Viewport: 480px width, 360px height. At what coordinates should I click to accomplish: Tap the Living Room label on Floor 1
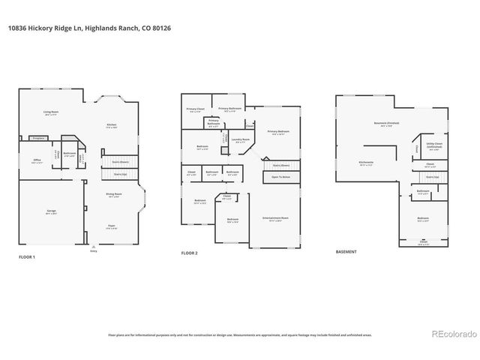51,114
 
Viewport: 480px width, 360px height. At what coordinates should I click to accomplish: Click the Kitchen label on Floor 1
111,124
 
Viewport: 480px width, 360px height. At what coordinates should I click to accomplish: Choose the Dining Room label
112,195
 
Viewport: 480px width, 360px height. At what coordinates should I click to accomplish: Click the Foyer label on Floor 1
112,227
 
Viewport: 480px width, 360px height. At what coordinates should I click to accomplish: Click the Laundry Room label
240,140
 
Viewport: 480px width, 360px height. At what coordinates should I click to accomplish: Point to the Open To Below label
281,178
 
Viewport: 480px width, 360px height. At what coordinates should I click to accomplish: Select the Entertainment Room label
272,219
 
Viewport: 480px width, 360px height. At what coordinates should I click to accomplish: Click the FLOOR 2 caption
189,253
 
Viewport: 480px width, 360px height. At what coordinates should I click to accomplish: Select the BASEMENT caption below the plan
346,251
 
